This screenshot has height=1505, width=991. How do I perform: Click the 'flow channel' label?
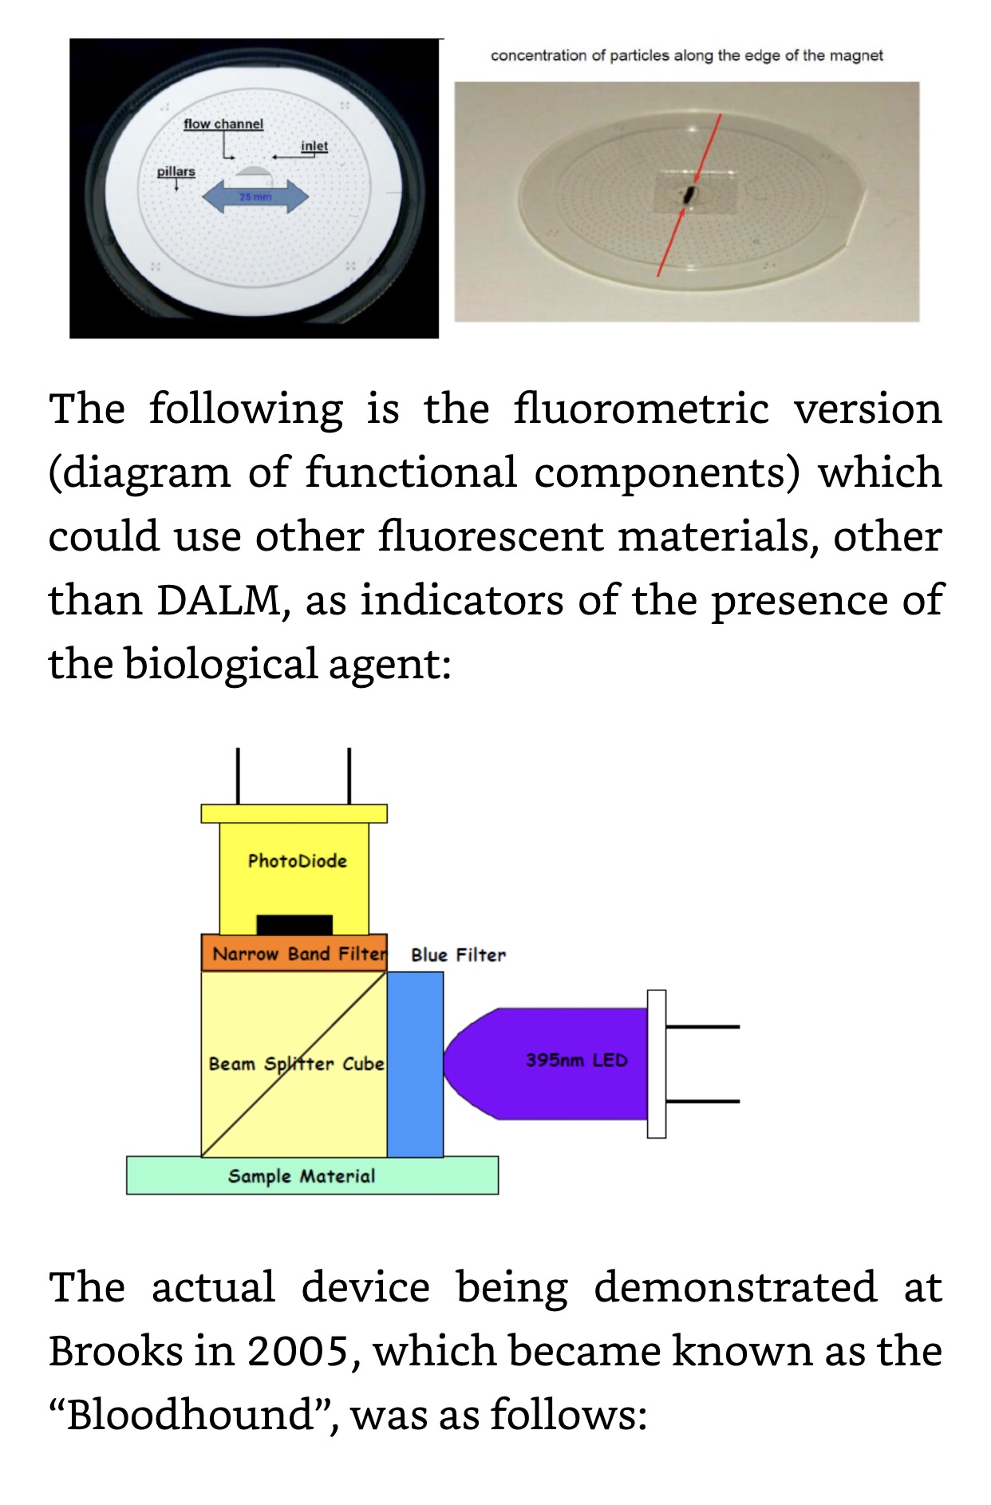[223, 124]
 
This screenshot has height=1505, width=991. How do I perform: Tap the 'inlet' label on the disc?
[314, 146]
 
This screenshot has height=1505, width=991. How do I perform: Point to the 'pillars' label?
[176, 172]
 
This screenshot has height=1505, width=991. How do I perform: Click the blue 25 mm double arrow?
[255, 196]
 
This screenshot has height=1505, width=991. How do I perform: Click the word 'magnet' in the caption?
[856, 56]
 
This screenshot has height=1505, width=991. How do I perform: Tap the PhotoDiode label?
[297, 861]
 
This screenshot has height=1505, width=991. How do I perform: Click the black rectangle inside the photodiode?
[294, 924]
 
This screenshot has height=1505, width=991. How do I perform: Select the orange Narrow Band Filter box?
[294, 954]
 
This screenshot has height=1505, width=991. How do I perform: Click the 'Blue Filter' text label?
[458, 955]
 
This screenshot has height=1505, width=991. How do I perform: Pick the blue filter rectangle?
[416, 1065]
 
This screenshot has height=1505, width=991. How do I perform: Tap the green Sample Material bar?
[312, 1175]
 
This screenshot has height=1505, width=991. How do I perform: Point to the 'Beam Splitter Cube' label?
[296, 1065]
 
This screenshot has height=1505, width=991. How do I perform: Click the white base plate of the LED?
[657, 1064]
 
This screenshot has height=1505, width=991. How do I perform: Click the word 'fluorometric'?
[641, 409]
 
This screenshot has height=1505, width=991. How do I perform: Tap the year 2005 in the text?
[298, 1352]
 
